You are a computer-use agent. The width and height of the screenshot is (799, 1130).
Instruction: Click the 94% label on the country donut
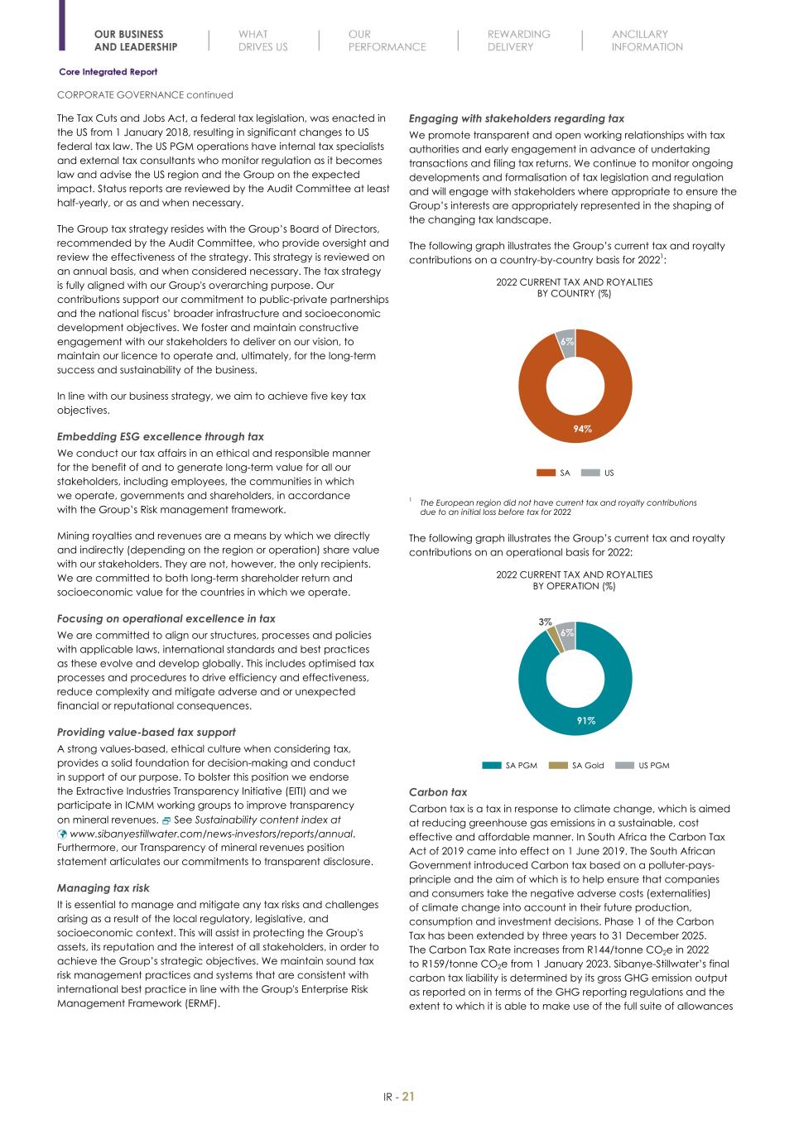coord(583,429)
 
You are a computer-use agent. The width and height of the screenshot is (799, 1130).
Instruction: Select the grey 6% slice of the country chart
coord(566,342)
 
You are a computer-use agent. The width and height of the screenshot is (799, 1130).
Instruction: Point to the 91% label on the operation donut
coord(585,721)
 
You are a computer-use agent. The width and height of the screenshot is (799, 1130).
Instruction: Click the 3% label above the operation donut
coord(545,621)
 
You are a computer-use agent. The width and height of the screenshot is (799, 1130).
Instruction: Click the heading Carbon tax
coord(438,792)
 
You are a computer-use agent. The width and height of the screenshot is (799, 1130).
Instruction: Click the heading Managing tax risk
coord(103,888)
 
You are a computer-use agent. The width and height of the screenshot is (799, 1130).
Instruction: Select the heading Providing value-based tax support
coord(146,732)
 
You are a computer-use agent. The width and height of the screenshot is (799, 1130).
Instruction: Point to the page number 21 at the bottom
coord(408,1097)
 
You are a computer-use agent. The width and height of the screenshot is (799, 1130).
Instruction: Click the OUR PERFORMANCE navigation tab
coord(387,41)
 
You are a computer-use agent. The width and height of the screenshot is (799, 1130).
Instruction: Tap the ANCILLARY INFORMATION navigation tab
coord(647,41)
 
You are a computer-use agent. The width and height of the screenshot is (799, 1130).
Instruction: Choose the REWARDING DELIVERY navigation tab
coord(518,41)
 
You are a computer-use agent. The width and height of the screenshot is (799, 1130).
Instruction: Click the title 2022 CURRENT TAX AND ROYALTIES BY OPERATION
coord(574,579)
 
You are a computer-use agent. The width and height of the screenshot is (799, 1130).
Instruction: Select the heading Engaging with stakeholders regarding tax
coord(517,118)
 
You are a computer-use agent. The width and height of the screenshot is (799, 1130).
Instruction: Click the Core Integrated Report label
coord(108,72)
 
